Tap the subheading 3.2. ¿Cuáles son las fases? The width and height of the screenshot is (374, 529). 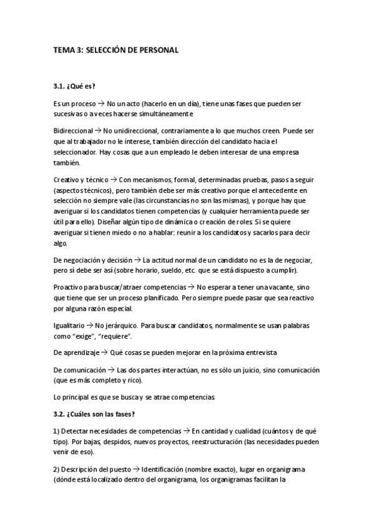(91, 412)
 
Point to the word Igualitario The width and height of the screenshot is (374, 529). (70, 325)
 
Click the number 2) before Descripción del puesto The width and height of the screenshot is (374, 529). (57, 469)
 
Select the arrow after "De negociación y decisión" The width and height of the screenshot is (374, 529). (138, 259)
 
